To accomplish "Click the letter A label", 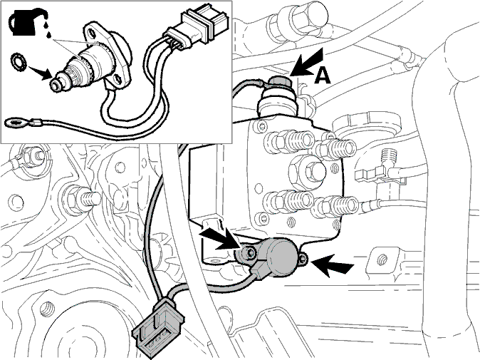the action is point(323,76).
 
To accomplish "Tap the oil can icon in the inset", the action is point(27,22).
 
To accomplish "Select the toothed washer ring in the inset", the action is point(18,61).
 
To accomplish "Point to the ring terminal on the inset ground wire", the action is point(14,124).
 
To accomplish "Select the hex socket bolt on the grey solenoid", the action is point(249,253).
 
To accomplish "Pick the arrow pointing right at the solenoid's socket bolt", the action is point(220,240).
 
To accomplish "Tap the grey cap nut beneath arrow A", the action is point(278,83).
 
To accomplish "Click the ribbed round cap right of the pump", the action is point(367,125).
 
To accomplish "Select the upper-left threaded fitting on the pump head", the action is point(289,142).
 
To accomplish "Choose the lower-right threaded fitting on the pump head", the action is point(335,206).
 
